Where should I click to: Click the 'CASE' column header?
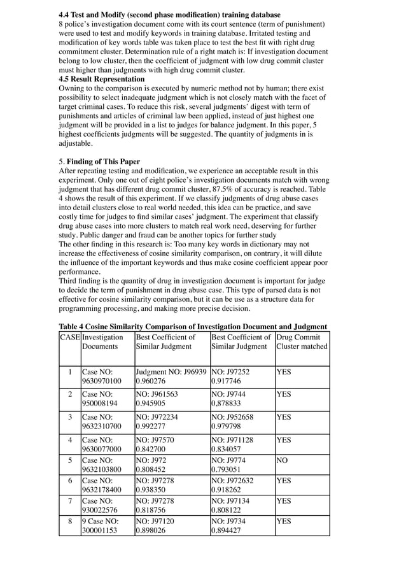pos(70,337)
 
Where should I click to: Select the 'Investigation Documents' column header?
pos(102,342)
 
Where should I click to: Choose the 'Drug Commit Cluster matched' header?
pos(302,342)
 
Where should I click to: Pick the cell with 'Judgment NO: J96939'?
pos(171,371)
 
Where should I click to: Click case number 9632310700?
pos(101,427)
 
